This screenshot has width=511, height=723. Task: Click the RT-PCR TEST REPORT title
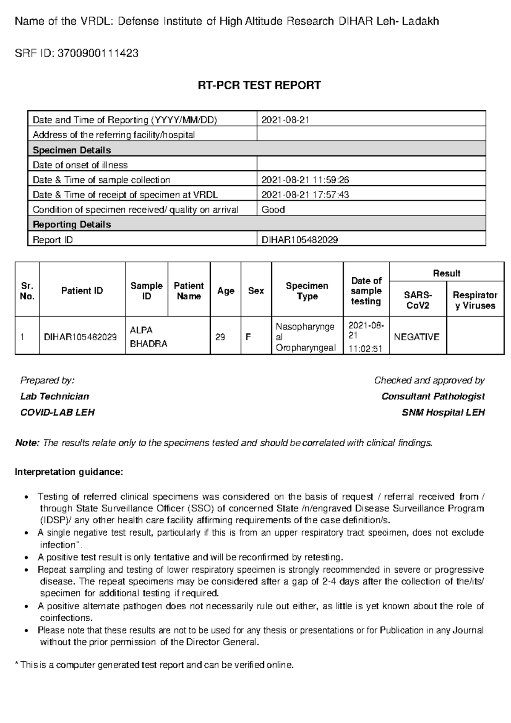[259, 86]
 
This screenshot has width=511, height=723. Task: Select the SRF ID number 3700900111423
[98, 53]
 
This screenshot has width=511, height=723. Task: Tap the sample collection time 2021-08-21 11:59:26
[305, 180]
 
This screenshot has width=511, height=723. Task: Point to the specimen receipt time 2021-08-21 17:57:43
[305, 195]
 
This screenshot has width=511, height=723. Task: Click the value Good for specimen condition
[273, 209]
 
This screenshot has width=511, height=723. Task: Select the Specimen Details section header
[72, 150]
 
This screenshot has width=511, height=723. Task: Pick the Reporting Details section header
[72, 224]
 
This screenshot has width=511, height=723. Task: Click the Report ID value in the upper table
[299, 240]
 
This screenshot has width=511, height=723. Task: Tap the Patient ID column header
[82, 291]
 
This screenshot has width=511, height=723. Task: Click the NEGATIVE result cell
[416, 337]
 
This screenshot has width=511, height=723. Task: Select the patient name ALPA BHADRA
[148, 337]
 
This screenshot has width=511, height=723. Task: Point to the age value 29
[220, 337]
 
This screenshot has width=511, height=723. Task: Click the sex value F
[248, 337]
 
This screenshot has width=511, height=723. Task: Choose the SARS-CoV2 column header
[417, 300]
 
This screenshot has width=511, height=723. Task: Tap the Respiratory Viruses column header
[475, 300]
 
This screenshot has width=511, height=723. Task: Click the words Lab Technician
[55, 396]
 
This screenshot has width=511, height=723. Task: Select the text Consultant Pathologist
[433, 396]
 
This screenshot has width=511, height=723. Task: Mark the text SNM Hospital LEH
[443, 413]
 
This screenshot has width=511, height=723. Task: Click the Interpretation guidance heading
[69, 472]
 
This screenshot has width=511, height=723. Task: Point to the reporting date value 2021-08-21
[285, 120]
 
